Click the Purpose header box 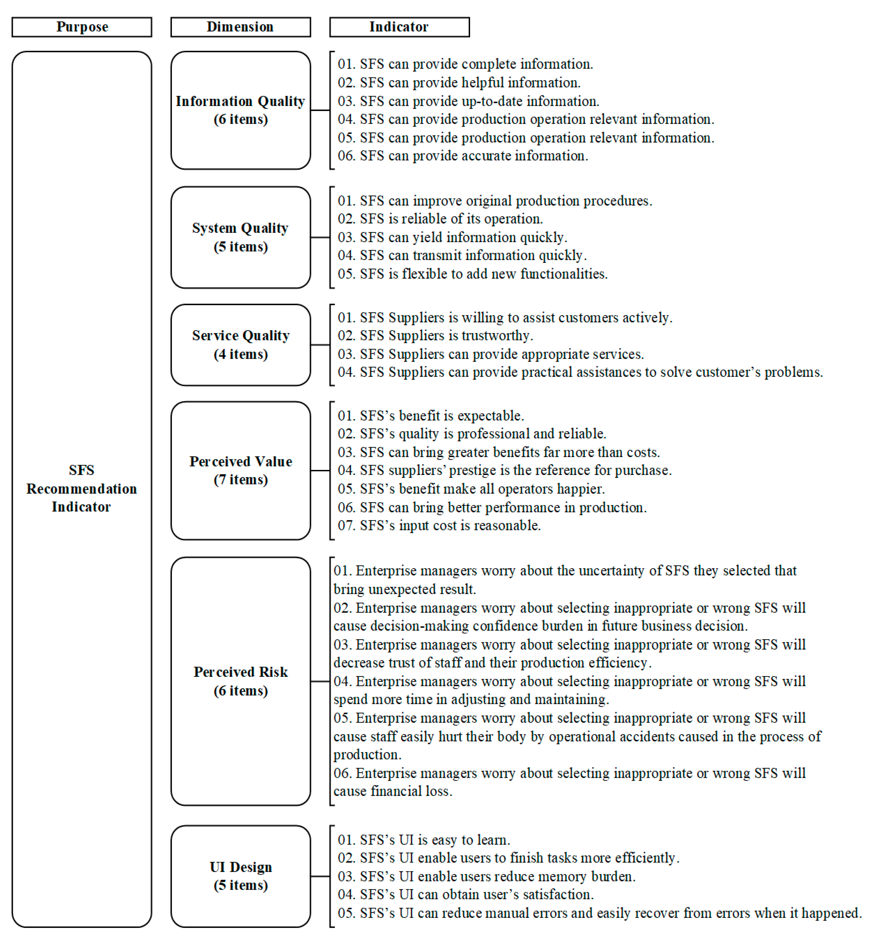pyautogui.click(x=82, y=27)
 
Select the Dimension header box pyautogui.click(x=240, y=27)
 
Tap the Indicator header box pyautogui.click(x=399, y=27)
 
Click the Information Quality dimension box pyautogui.click(x=240, y=110)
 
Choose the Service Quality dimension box pyautogui.click(x=240, y=345)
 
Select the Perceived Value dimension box pyautogui.click(x=240, y=471)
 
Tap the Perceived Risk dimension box pyautogui.click(x=240, y=681)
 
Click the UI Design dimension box pyautogui.click(x=240, y=876)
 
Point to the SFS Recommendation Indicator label pyautogui.click(x=81, y=488)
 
